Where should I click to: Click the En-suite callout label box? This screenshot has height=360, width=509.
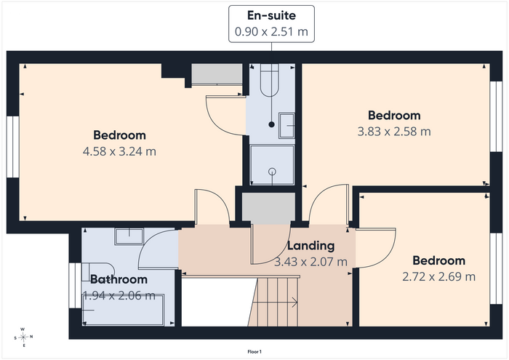(x=271, y=24)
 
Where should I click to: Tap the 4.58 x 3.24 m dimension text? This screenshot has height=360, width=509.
(x=119, y=151)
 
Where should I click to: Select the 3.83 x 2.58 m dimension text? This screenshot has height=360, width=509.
(x=394, y=132)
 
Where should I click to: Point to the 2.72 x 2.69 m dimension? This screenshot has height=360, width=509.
(x=439, y=276)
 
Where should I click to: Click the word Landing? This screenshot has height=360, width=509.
(x=310, y=246)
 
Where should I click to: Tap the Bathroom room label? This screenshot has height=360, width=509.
(x=119, y=279)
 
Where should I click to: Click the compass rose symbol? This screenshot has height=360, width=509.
(x=23, y=337)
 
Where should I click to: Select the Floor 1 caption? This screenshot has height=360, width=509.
(x=254, y=351)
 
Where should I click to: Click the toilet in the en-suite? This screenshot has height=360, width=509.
(x=270, y=80)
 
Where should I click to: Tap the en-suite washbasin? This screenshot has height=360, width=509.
(x=286, y=126)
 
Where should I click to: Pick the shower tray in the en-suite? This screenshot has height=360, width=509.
(x=272, y=165)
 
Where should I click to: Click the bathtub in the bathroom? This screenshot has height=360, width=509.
(x=124, y=309)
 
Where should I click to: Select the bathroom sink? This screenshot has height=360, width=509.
(x=129, y=236)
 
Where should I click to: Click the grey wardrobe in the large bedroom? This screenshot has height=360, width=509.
(x=217, y=74)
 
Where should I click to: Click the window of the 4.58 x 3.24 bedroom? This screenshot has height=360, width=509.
(x=13, y=147)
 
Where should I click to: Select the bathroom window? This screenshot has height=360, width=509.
(x=75, y=286)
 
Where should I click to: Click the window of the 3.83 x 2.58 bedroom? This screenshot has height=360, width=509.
(x=496, y=116)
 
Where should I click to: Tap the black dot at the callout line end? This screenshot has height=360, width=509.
(x=272, y=124)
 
